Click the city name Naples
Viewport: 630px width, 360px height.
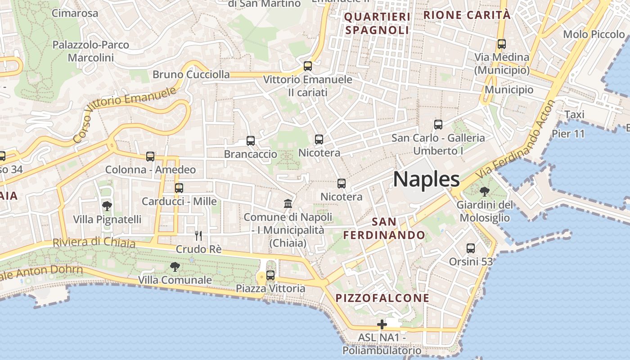click(426, 179)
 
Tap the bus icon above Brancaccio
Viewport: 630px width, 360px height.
click(251, 141)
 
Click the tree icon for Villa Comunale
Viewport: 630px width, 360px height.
click(175, 267)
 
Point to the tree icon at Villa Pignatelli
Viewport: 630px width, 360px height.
click(107, 206)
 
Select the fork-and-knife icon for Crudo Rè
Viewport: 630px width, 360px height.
click(198, 235)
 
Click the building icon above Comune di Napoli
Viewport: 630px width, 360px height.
click(288, 204)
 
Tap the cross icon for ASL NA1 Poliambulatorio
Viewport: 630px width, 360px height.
click(382, 324)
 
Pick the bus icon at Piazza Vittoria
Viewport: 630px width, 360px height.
click(270, 275)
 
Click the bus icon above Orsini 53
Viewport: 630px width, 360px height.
click(471, 248)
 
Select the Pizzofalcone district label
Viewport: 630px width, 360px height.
click(382, 298)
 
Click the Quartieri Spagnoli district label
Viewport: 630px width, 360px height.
click(378, 24)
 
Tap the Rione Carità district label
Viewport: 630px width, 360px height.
click(467, 15)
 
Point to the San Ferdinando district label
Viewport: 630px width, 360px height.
click(384, 228)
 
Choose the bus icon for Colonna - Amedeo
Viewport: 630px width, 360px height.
click(150, 157)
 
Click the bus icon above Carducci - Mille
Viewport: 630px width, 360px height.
click(179, 188)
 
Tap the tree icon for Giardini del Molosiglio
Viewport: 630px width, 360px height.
click(484, 192)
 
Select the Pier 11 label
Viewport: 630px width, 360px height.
click(568, 134)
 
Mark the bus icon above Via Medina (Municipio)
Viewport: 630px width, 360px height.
click(502, 44)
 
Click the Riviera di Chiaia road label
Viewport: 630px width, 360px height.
click(94, 242)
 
